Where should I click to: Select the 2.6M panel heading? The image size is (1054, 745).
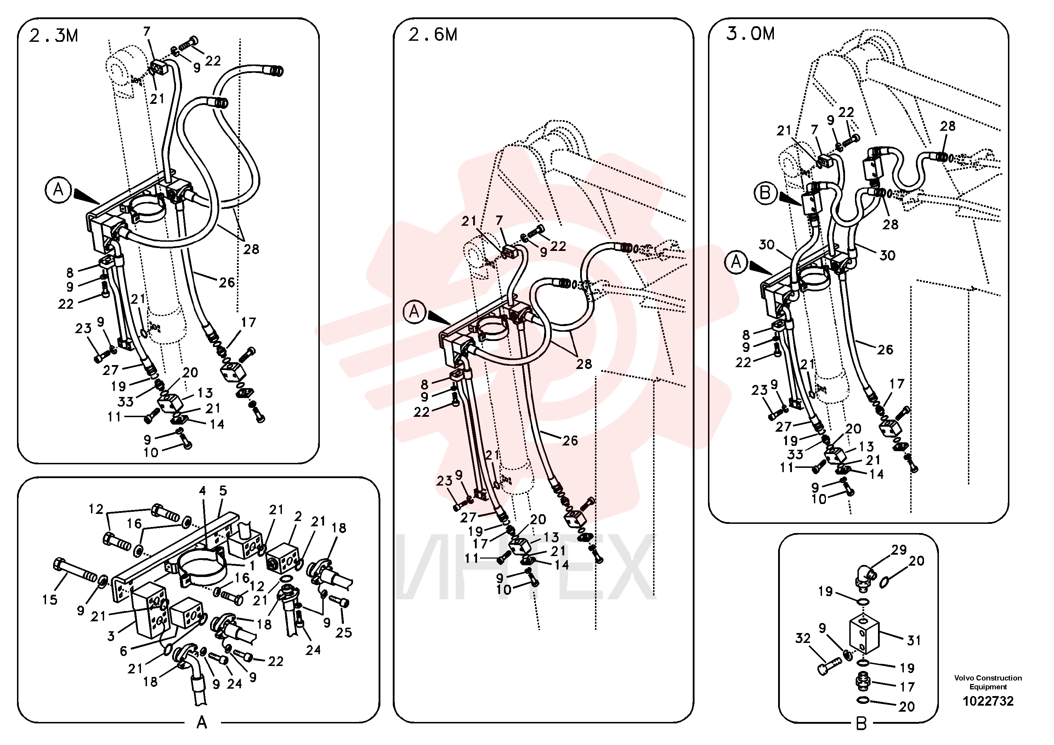coord(432,35)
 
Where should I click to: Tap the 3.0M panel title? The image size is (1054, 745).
coord(750,34)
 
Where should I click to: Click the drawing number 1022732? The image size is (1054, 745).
coord(988,701)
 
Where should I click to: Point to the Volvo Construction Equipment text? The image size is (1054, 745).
coord(988,682)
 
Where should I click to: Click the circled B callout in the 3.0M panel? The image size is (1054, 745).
coord(765,193)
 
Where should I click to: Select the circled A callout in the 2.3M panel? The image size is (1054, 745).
coord(58,189)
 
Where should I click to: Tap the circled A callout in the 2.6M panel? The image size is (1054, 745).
coord(414,312)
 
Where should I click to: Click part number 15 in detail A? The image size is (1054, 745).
coord(50,599)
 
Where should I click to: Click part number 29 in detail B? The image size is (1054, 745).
coord(899,550)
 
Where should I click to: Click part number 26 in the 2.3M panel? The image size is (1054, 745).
coord(226,282)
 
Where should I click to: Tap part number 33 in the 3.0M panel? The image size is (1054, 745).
coord(795,454)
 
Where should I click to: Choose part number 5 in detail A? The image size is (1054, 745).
coord(223,490)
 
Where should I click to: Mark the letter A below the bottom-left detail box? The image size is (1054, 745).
coord(202,723)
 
